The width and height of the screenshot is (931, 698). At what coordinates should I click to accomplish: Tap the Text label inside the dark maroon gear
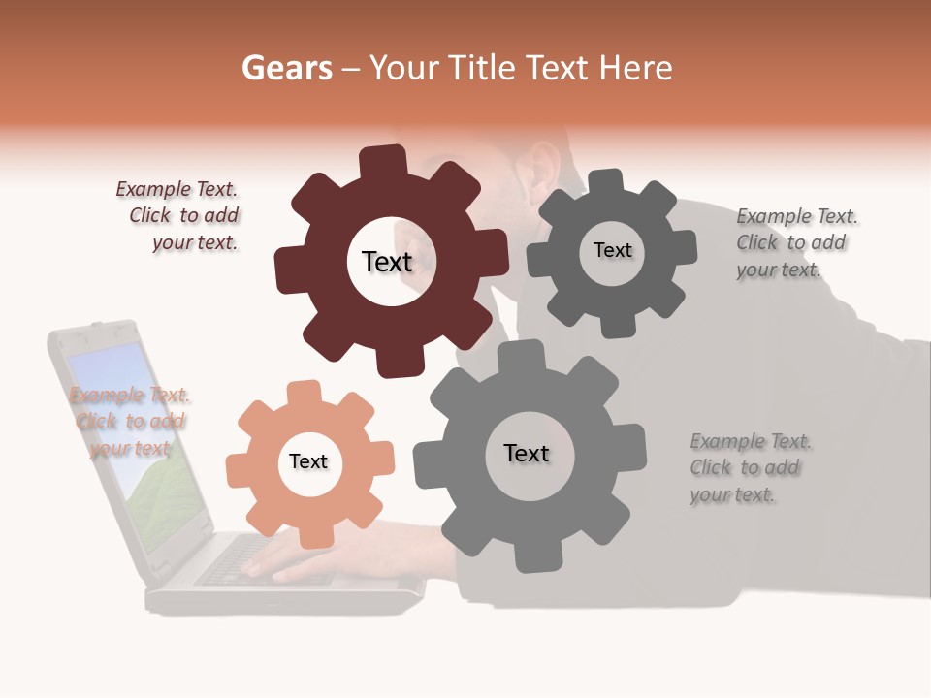click(x=387, y=262)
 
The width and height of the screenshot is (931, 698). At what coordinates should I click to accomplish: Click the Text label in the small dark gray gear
click(x=612, y=250)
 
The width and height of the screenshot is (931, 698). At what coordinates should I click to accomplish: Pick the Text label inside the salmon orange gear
click(x=308, y=461)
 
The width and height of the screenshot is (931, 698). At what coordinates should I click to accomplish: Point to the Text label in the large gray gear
click(x=527, y=454)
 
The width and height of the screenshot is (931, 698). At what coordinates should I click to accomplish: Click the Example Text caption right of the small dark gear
click(x=796, y=243)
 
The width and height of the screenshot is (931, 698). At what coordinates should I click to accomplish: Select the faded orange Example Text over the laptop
click(x=130, y=422)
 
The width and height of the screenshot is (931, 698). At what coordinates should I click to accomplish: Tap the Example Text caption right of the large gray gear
click(x=750, y=468)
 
